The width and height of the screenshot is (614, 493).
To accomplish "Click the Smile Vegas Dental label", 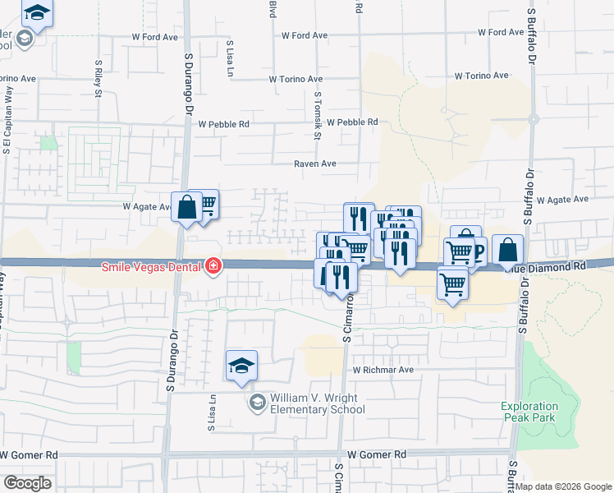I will click(x=152, y=266).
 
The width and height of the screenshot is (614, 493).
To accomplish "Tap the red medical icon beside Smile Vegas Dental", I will click(x=213, y=265).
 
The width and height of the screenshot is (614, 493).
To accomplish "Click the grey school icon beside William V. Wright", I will click(x=258, y=401).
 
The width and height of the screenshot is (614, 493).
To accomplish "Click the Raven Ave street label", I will click(x=316, y=164).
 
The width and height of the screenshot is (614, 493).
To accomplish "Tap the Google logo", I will click(x=26, y=482).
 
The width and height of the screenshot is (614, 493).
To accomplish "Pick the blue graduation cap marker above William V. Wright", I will click(x=242, y=366).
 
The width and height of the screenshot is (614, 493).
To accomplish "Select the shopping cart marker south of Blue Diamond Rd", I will click(x=452, y=284).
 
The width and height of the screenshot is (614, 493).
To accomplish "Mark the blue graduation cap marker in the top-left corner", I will click(x=36, y=13).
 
